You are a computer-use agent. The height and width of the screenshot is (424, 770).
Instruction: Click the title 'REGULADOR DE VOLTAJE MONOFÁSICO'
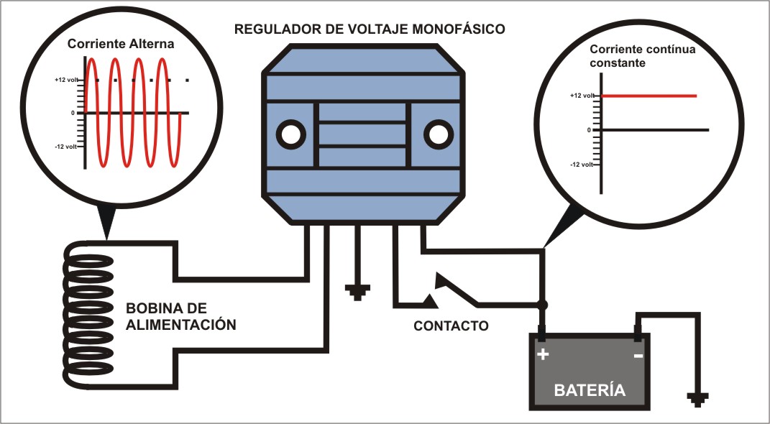tap(370, 29)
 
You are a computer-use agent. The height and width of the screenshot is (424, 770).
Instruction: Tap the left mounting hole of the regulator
tap(290, 134)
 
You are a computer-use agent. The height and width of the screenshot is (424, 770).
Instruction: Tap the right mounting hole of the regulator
tap(438, 134)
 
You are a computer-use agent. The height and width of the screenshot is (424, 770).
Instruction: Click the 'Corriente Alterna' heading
tap(121, 44)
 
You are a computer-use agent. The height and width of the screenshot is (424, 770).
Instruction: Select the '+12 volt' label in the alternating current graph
tap(66, 80)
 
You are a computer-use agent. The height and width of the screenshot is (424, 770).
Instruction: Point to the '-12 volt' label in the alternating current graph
tap(66, 146)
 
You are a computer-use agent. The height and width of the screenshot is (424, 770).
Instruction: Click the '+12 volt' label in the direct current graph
tap(582, 96)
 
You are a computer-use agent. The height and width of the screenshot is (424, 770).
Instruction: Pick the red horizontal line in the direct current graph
tap(649, 96)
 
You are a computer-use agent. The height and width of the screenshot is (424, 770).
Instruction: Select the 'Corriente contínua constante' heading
tap(642, 57)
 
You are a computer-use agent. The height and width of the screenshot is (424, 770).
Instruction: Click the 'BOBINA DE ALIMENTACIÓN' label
tap(181, 316)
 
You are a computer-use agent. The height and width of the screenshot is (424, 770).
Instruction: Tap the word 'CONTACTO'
tap(451, 326)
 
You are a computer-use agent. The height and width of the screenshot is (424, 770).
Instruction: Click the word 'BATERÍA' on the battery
tap(590, 391)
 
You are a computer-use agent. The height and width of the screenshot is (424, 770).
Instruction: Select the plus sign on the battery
tap(543, 354)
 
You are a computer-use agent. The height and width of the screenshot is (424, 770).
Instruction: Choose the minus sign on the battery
tap(638, 355)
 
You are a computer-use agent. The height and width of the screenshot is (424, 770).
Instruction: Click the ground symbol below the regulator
tap(357, 292)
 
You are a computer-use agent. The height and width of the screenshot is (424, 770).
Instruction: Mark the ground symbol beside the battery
tap(697, 399)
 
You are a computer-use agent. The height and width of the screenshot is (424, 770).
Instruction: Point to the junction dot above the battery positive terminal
tap(543, 305)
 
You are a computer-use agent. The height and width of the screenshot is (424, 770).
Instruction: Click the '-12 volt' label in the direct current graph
tap(582, 165)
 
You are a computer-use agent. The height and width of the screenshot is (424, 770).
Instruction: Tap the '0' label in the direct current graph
tap(589, 130)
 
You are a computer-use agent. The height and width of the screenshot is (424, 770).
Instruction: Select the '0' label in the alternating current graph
tap(73, 113)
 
